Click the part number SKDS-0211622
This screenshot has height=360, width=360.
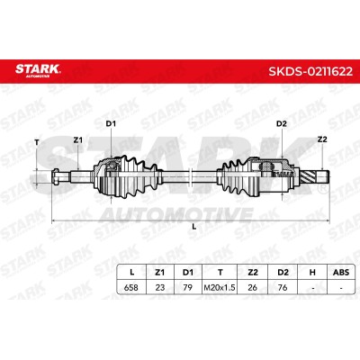pos(310,71)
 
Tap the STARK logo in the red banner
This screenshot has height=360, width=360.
pos(38,70)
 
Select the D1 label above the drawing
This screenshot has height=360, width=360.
pos(111,123)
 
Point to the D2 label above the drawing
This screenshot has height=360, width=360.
pos(282,123)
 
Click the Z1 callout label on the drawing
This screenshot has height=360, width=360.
pos(78,139)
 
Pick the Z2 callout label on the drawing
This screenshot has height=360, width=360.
pos(322,139)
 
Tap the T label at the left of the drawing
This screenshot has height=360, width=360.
pos(37,142)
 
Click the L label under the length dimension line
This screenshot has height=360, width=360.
pos(194,227)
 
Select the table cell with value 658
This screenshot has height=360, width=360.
pos(131,287)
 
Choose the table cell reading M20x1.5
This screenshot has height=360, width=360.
pos(220,288)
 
